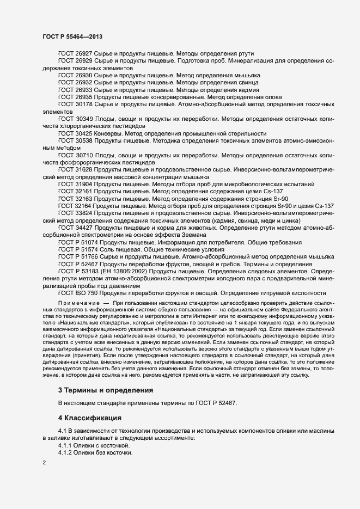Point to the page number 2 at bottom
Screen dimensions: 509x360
(x=44, y=464)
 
